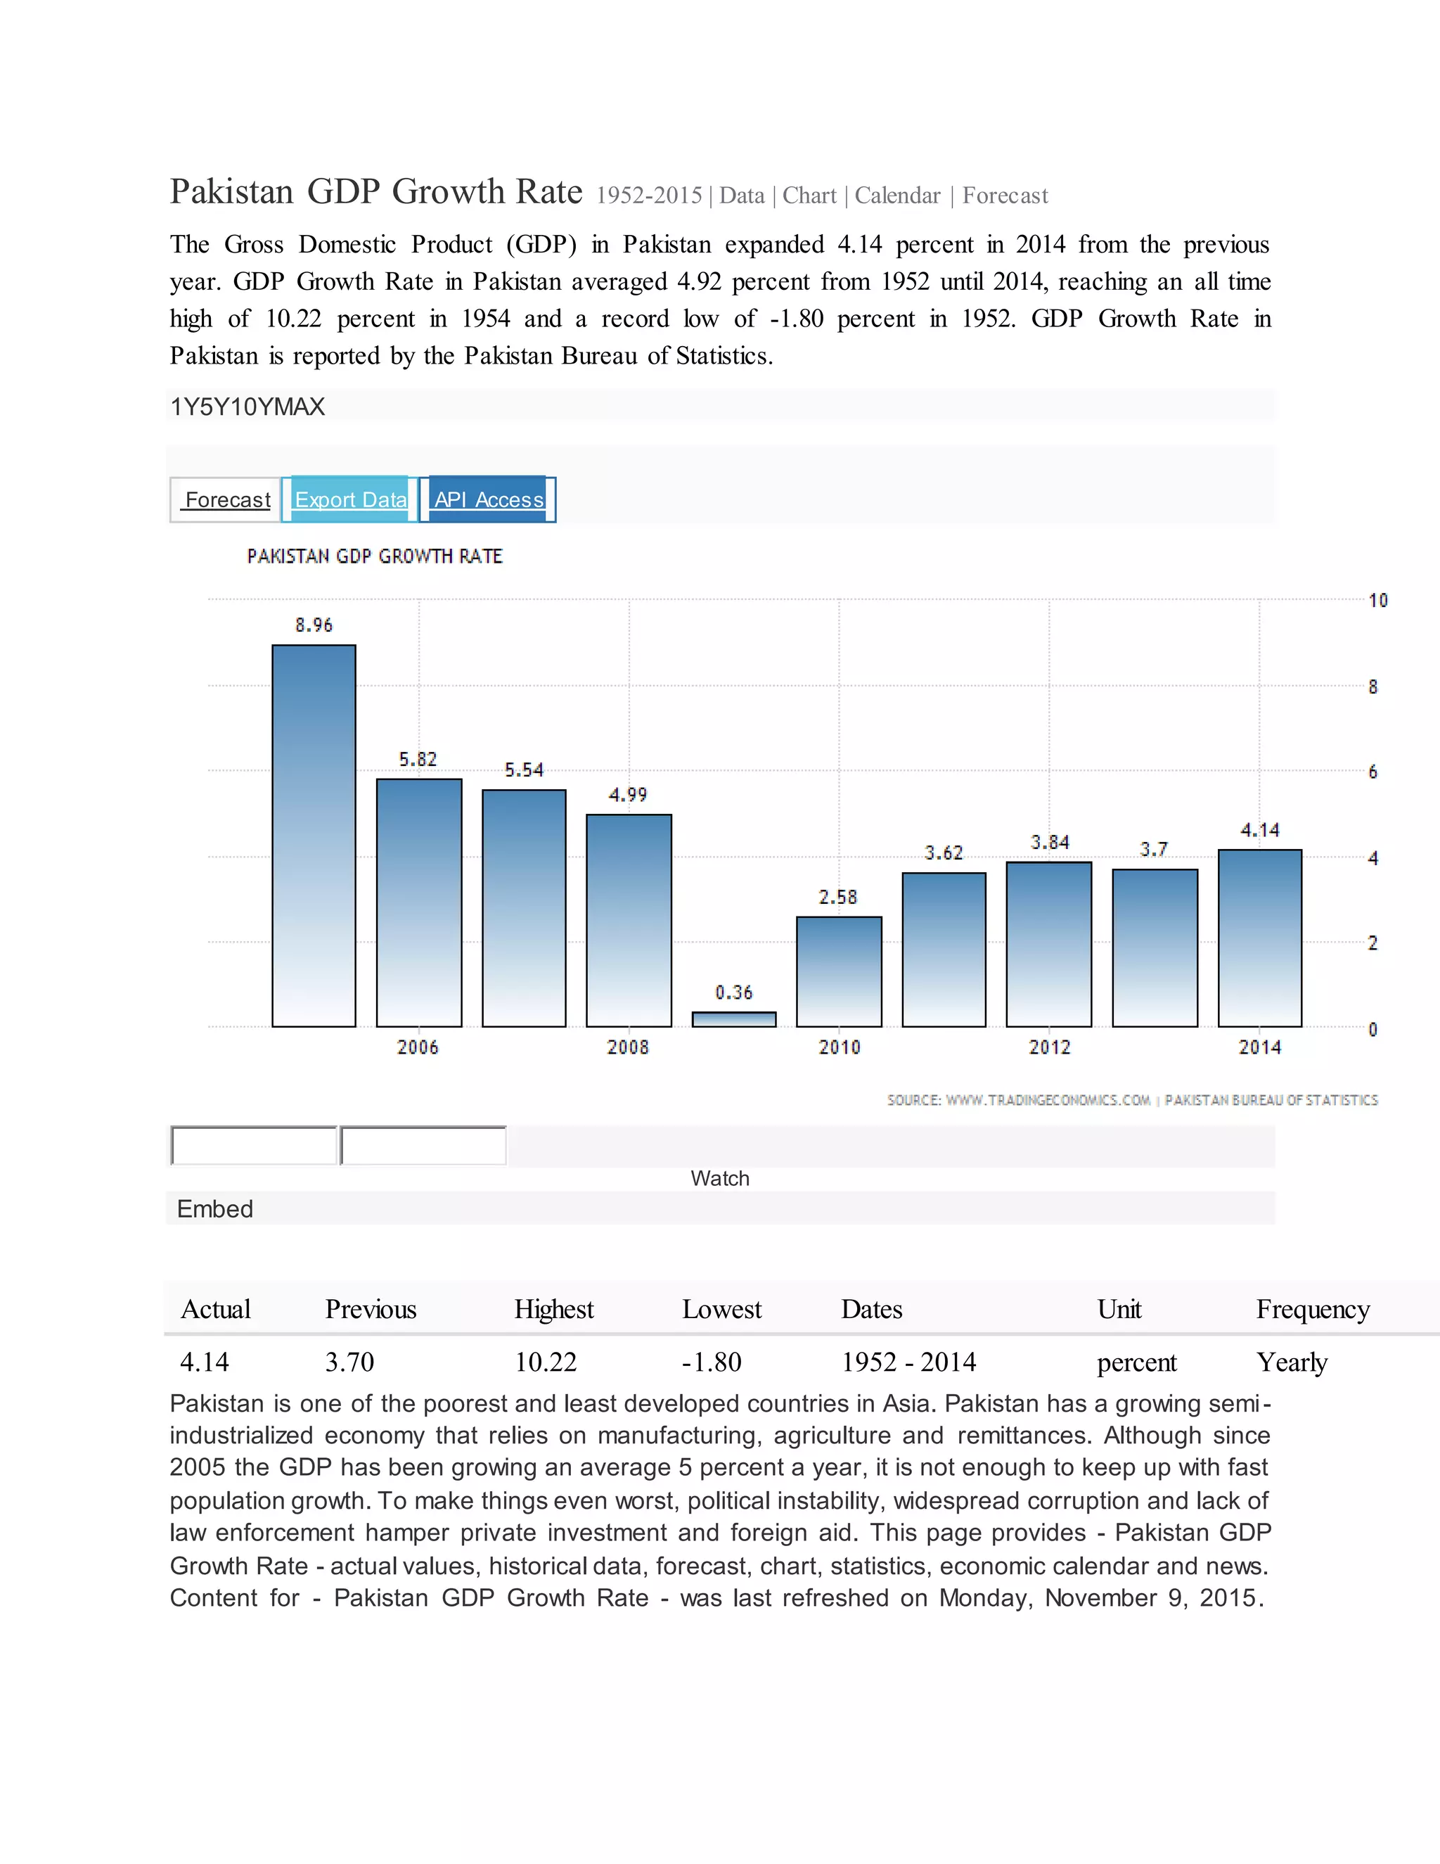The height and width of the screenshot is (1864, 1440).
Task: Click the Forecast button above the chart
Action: coord(226,499)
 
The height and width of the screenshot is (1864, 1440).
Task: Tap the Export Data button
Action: coord(351,499)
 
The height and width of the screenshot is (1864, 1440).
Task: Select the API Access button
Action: coord(489,499)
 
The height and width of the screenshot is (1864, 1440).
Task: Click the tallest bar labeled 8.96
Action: coord(314,836)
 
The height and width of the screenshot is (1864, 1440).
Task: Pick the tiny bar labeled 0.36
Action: coord(733,1019)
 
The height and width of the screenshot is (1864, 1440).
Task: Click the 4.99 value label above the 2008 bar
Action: coord(628,796)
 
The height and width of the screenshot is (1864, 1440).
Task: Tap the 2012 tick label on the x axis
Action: coord(1049,1047)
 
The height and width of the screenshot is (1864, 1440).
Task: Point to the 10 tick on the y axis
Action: coord(1377,601)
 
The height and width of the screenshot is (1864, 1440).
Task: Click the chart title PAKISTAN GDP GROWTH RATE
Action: coord(375,556)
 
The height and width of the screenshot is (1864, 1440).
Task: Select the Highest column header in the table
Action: coord(553,1309)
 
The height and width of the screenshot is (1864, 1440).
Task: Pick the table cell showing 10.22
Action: coord(546,1362)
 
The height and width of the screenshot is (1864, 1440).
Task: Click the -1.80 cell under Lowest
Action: coord(712,1362)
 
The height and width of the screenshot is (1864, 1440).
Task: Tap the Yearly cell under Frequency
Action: coord(1292,1362)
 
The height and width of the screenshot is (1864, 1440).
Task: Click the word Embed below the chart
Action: coord(215,1208)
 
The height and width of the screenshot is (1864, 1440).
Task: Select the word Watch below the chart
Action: coord(720,1179)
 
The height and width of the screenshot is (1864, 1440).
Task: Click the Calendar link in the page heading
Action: coord(897,196)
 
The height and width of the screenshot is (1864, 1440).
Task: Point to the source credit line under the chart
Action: coord(1132,1100)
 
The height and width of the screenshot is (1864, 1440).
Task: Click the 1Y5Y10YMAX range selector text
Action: coord(247,407)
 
